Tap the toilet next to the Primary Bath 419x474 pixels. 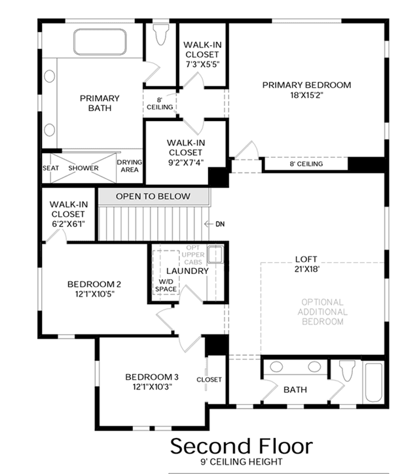pos(161,35)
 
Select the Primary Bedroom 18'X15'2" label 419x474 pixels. pos(306,90)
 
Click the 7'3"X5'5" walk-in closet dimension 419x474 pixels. pos(202,64)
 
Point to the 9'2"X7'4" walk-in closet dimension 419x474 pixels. pos(185,162)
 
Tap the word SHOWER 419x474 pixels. pos(83,168)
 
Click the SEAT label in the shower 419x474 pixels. pos(50,168)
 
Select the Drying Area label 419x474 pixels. pos(130,166)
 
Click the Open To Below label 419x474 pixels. pos(153,196)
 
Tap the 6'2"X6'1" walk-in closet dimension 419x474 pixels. pos(68,224)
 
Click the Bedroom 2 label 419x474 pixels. pos(94,284)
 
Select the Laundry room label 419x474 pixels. pos(187,271)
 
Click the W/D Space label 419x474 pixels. pos(166,285)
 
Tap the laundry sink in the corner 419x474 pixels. pos(215,254)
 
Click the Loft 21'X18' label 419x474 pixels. pos(306,264)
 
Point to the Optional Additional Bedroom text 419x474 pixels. pos(322,312)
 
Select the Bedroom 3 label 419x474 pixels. pos(152,377)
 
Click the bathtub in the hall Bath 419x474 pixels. pos(374,382)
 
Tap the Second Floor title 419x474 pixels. pos(242,446)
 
